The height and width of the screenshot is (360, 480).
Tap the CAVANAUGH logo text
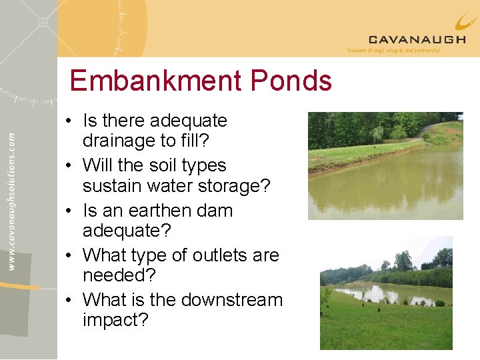(x=417, y=39)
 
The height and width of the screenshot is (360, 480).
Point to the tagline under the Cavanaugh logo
(x=393, y=50)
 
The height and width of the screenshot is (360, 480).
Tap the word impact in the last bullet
(x=111, y=321)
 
